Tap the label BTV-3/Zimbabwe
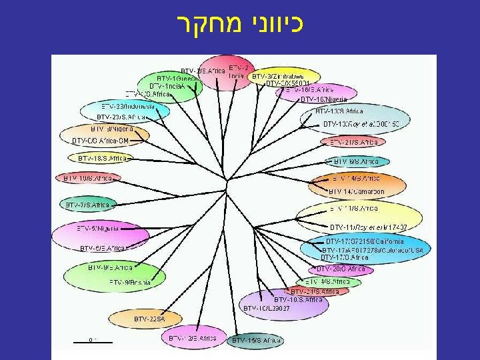(277, 76)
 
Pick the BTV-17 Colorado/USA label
(377, 250)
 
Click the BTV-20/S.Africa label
(340, 269)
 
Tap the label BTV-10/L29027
(267, 308)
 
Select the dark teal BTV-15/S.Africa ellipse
(257, 341)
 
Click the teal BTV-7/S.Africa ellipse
(88, 204)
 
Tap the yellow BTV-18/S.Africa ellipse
(101, 159)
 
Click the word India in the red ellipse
(236, 76)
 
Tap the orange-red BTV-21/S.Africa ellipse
(353, 142)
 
